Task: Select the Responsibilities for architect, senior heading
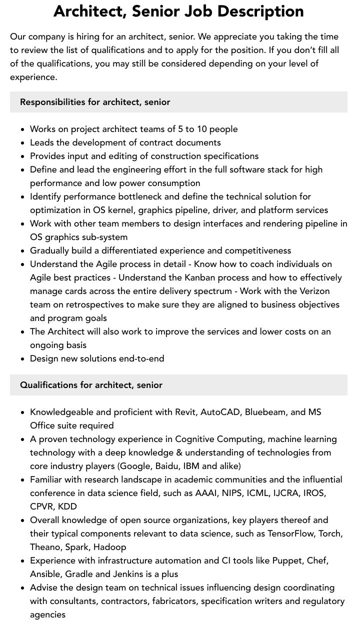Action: [95, 102]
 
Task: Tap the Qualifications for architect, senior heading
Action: [91, 385]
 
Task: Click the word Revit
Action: [186, 412]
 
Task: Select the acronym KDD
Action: [67, 506]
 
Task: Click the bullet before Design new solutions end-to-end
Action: [23, 359]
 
